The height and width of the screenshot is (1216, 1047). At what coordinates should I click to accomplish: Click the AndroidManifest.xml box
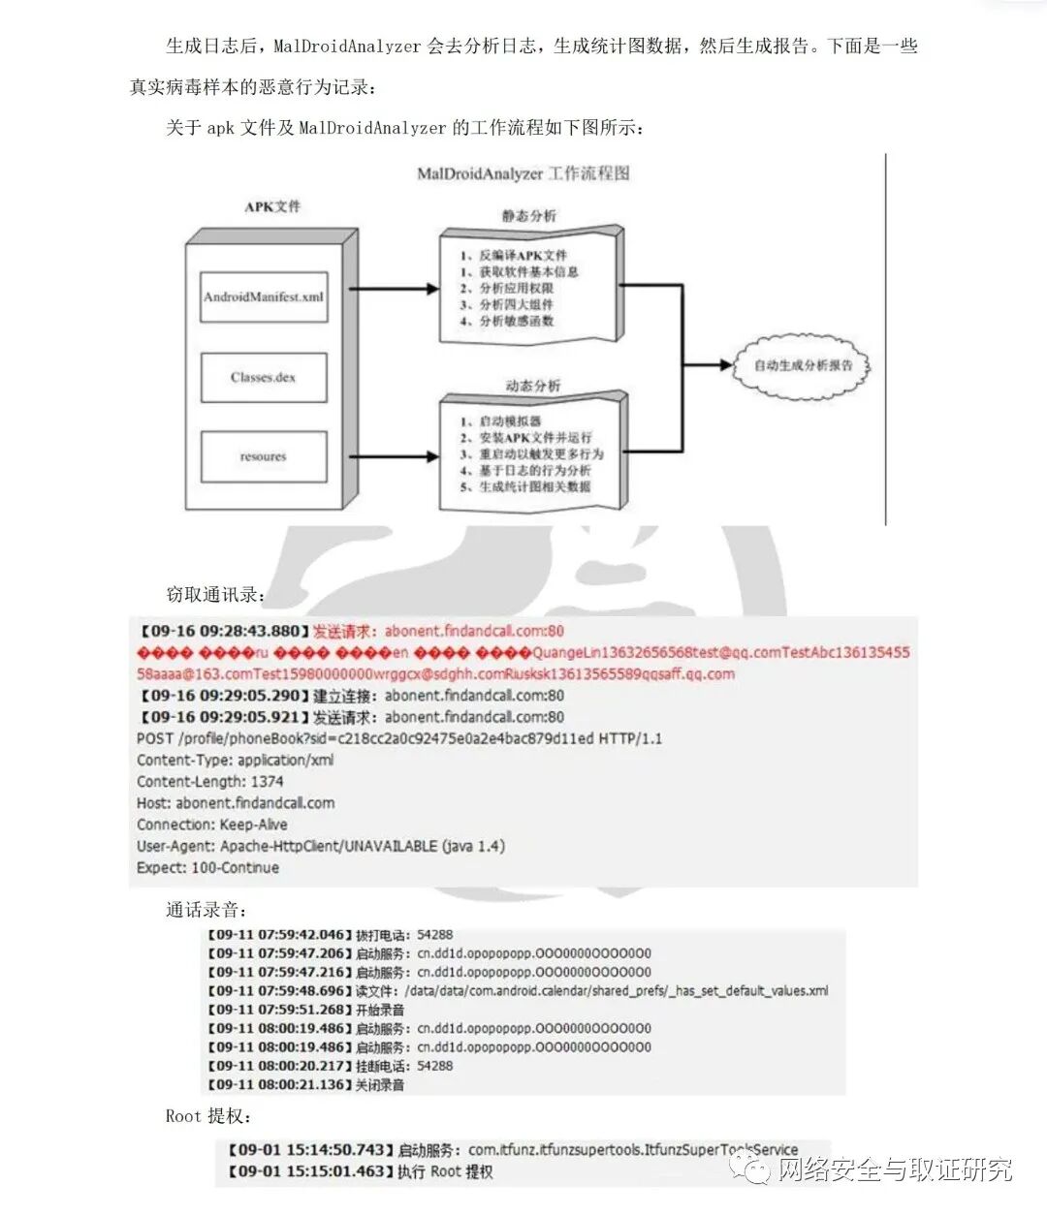point(264,296)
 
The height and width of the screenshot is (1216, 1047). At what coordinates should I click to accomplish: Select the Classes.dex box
point(264,377)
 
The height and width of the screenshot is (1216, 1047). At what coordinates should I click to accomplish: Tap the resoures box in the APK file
point(264,456)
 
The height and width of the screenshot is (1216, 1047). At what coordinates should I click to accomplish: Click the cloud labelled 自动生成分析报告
point(803,365)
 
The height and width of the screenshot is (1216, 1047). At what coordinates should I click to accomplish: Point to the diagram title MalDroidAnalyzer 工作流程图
point(523,173)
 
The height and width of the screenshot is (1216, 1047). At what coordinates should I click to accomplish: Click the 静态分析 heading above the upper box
point(529,215)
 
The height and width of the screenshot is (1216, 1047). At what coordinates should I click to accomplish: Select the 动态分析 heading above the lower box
point(532,386)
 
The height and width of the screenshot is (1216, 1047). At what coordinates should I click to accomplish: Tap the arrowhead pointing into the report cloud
point(725,365)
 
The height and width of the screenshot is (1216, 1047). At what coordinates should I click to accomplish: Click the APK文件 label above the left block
point(272,206)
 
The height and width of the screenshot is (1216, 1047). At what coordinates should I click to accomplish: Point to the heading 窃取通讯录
point(214,595)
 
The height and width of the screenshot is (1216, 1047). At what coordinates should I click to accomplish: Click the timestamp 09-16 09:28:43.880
point(222,632)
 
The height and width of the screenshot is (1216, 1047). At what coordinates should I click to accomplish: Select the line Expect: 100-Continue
point(207,867)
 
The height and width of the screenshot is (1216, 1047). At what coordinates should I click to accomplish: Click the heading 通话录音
point(206,910)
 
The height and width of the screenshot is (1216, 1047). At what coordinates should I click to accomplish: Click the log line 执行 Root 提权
point(445,1171)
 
